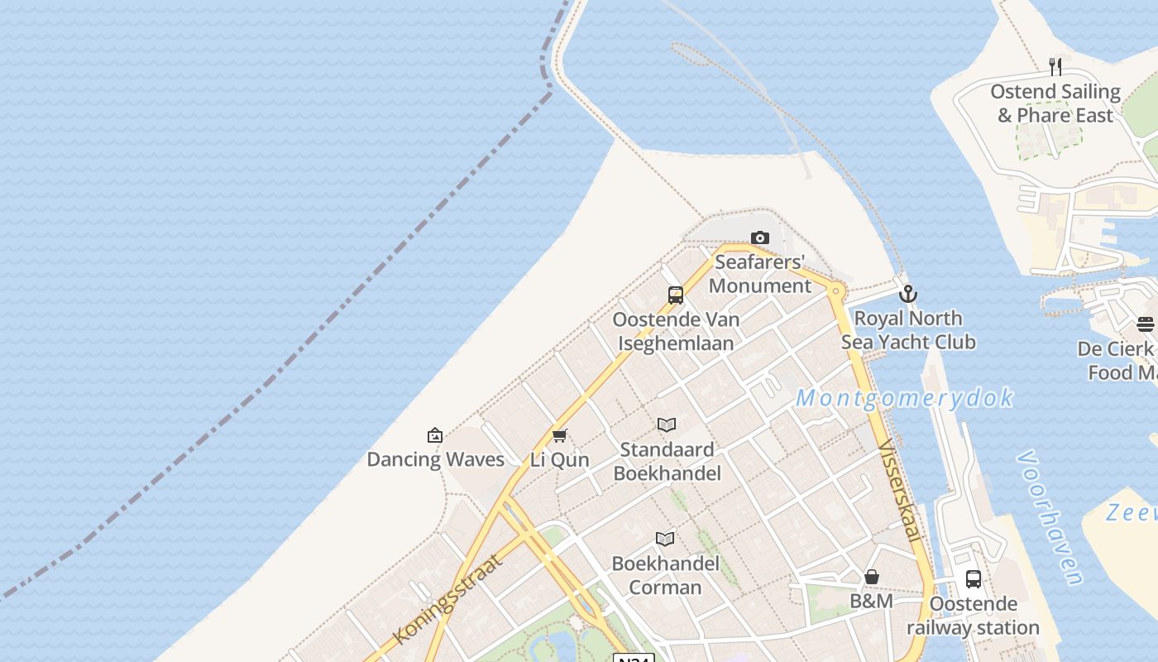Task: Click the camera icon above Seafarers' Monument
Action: click(x=759, y=238)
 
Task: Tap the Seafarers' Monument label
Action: click(x=759, y=274)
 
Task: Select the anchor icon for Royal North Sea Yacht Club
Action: click(x=908, y=294)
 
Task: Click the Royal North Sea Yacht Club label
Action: click(x=908, y=330)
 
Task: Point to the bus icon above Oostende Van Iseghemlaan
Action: click(x=676, y=295)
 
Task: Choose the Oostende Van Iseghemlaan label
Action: click(x=676, y=331)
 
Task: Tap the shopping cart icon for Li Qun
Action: click(x=559, y=436)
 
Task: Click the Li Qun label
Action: click(x=559, y=460)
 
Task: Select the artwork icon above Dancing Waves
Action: click(x=435, y=435)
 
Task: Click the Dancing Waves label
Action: click(x=435, y=459)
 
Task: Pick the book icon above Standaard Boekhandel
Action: click(x=667, y=425)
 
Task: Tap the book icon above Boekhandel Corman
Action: click(x=665, y=540)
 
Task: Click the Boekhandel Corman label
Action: click(x=665, y=575)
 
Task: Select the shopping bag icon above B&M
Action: click(x=872, y=577)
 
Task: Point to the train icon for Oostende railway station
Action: click(x=974, y=579)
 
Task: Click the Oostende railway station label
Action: click(x=974, y=616)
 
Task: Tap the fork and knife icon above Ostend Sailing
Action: click(x=1055, y=66)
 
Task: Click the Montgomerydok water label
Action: click(x=905, y=398)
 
